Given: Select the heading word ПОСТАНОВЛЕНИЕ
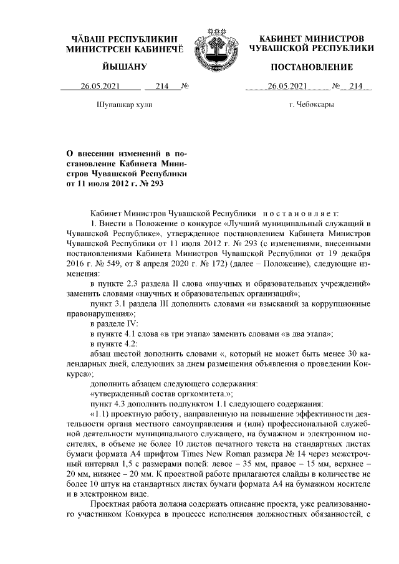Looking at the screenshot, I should [x=312, y=67].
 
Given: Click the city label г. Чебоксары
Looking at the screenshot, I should [x=312, y=105].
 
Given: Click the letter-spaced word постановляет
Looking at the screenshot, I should [x=300, y=213].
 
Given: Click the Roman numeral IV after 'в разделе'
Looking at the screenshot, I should [x=128, y=323].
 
